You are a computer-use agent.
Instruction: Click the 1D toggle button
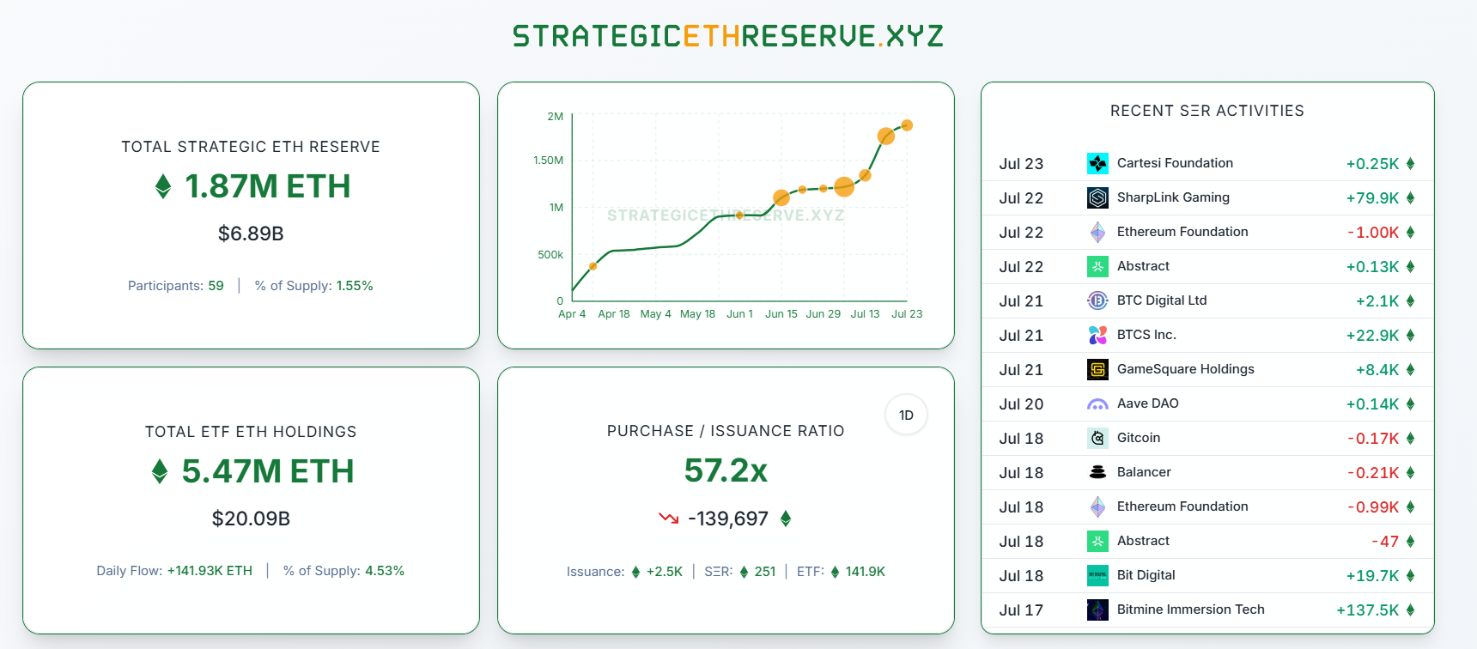(906, 415)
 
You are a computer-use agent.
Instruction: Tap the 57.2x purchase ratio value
(726, 470)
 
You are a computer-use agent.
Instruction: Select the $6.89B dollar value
(251, 234)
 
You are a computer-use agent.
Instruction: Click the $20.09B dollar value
(251, 519)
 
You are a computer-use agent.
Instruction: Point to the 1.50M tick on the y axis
(548, 161)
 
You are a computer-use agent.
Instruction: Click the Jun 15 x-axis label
(781, 314)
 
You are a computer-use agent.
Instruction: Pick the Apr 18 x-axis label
(613, 314)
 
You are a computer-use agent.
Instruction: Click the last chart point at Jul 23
(907, 125)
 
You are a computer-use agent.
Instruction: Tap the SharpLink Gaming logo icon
(1097, 198)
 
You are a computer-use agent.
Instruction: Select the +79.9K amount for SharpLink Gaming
(1372, 198)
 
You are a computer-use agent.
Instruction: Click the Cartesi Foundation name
(1175, 163)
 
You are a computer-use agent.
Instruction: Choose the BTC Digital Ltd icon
(1097, 301)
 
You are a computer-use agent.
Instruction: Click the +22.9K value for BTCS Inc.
(1372, 336)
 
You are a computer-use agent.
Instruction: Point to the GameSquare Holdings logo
(1097, 370)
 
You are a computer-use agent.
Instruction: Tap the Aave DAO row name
(1147, 403)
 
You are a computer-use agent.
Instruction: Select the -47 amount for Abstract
(1385, 542)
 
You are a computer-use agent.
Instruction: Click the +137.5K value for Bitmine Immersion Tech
(1367, 610)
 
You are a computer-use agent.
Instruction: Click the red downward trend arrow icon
(668, 518)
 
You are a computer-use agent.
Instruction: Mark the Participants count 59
(216, 286)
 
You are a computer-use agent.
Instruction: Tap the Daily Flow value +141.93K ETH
(210, 571)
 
